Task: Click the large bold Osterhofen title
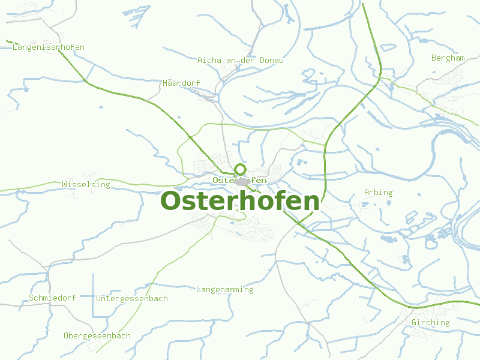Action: pos(240,202)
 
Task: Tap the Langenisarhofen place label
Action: pos(49,47)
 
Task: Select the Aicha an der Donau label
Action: pos(241,60)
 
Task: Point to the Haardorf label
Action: pos(181,83)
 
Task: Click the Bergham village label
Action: pos(448,58)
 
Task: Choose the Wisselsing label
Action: pos(86,185)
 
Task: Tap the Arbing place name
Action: pos(378,193)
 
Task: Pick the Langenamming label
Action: pos(225,290)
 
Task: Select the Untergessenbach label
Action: pos(132,298)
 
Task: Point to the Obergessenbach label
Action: pos(97,336)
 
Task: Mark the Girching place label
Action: pos(430,323)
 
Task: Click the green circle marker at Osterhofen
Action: pos(240,169)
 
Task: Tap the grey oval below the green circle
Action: pos(242,181)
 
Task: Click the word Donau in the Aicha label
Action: pos(272,60)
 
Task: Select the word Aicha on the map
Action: pos(208,60)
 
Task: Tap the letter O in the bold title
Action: pos(172,202)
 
